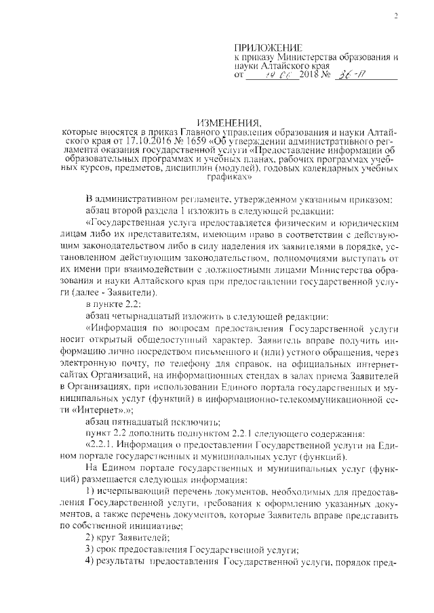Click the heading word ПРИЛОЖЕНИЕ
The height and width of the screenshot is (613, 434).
coord(267,46)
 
